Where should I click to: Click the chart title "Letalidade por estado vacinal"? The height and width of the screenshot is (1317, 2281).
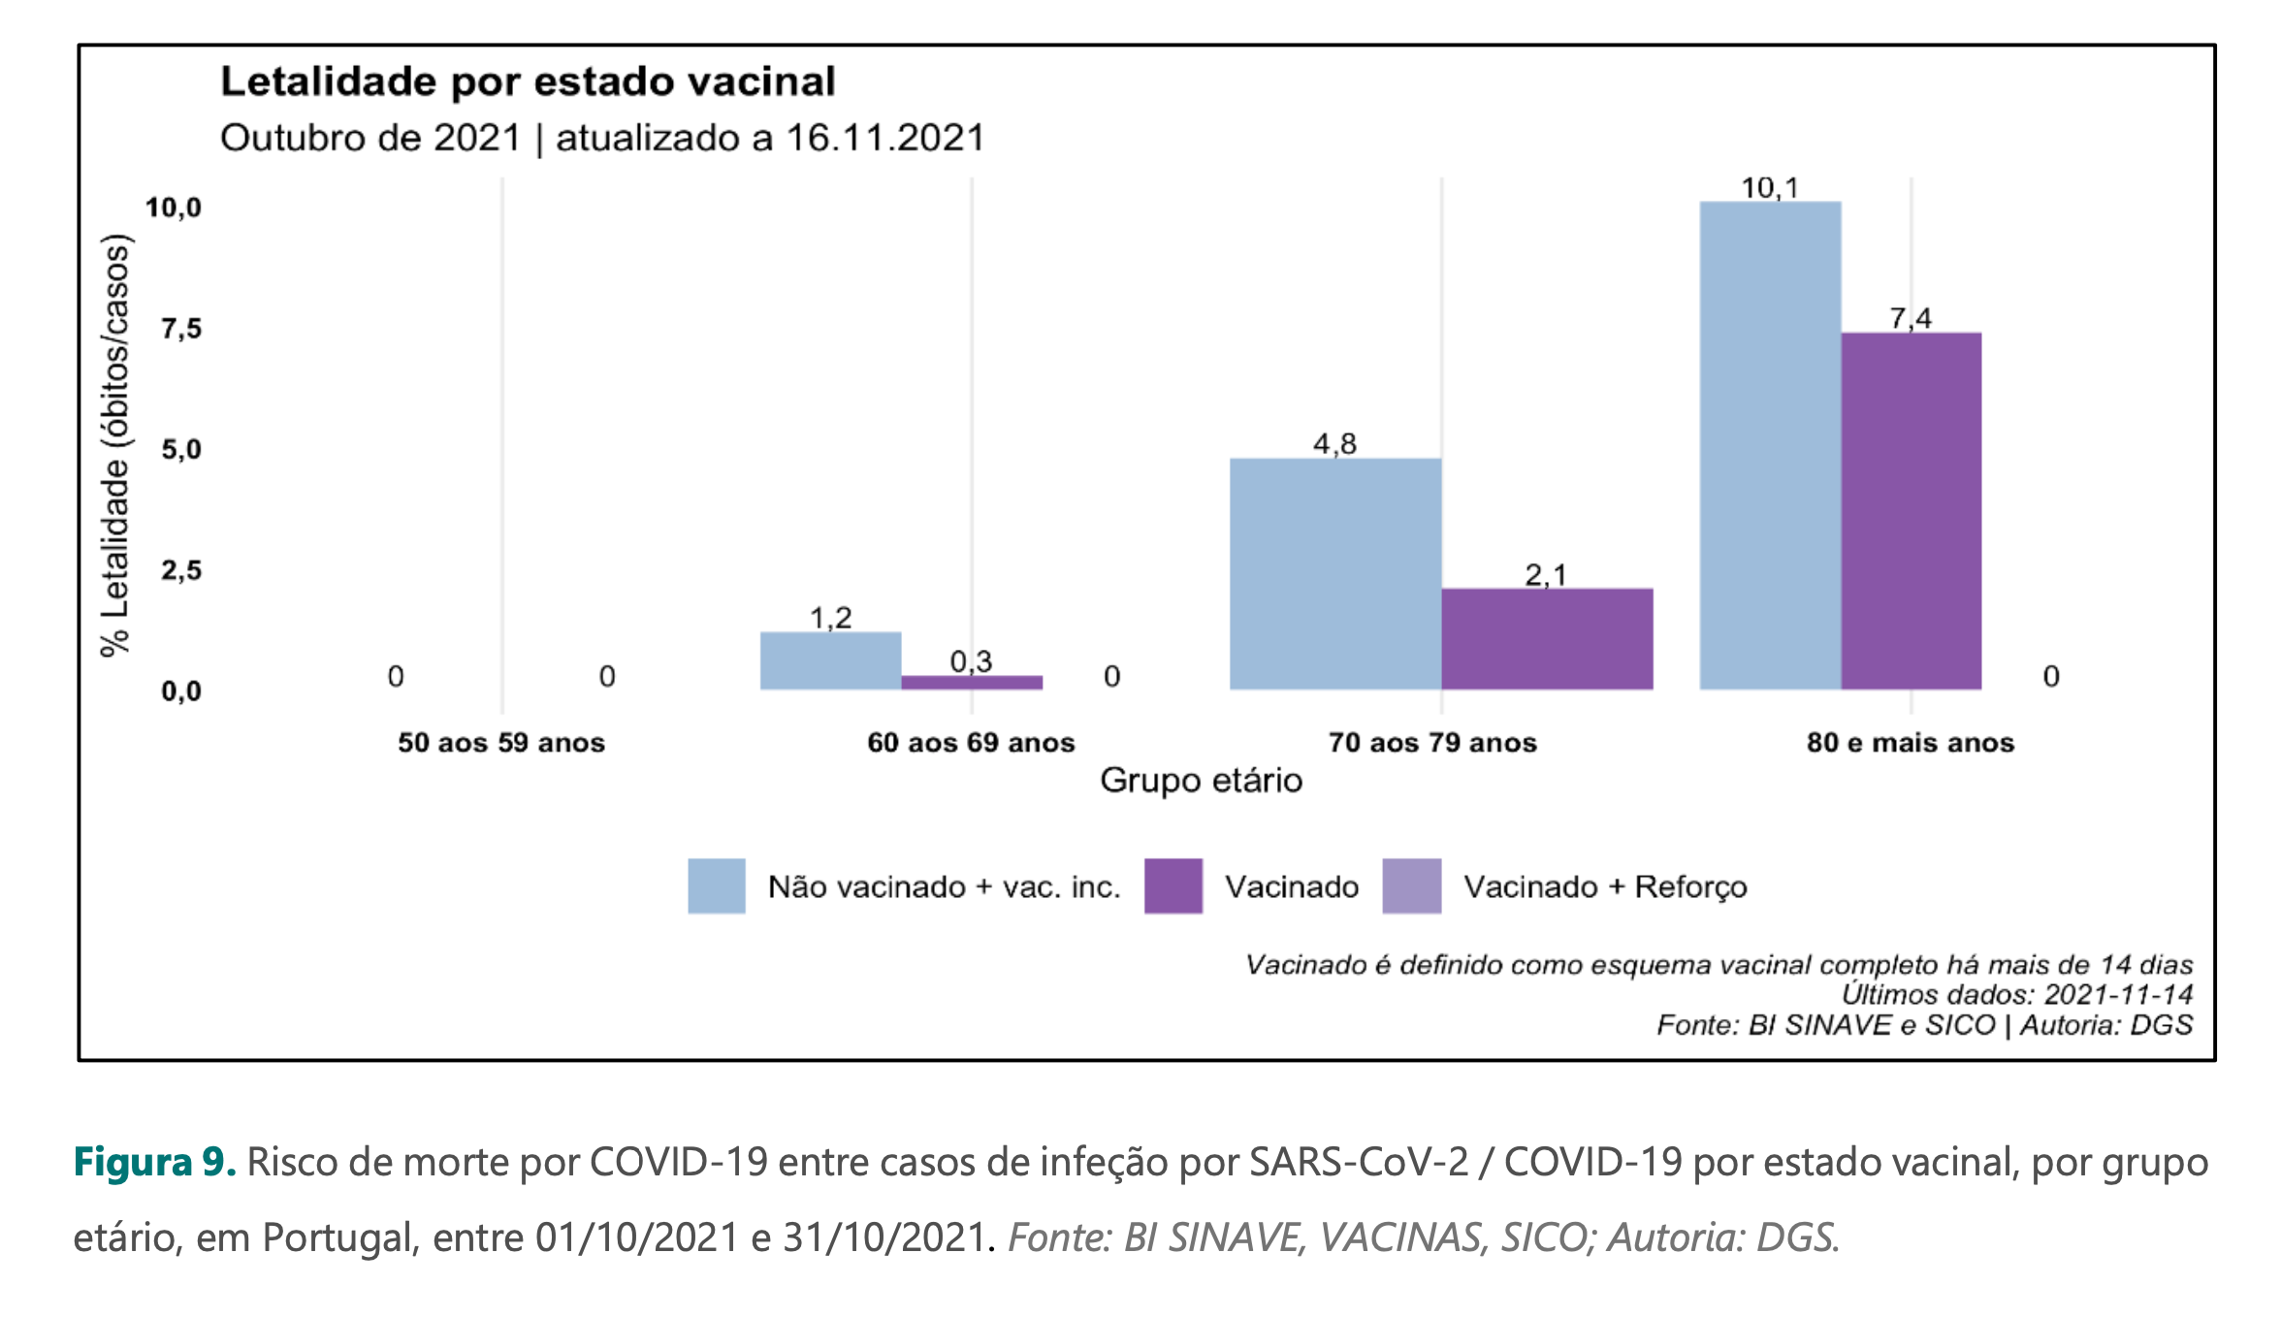coord(528,81)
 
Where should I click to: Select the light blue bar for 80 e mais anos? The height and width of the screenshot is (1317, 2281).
coord(1770,446)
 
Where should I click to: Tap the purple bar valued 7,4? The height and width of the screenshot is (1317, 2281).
coord(1911,511)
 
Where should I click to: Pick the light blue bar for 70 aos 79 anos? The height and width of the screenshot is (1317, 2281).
coord(1335,574)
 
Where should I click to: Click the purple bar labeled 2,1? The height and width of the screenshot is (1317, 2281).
coord(1547,639)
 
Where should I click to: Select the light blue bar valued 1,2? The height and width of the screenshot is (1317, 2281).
coord(830,661)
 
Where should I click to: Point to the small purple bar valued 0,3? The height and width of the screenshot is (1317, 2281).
coord(972,683)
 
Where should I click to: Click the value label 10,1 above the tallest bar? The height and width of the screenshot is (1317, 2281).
coord(1770,187)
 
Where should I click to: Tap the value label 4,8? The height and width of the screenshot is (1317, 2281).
coord(1334,444)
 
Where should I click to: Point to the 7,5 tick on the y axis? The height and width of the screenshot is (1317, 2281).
coord(181,329)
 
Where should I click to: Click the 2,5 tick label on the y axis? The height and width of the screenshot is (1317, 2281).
coord(181,570)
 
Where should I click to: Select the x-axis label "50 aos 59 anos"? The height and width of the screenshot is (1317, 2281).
coord(501,743)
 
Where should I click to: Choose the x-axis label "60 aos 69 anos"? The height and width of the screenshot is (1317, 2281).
coord(971,743)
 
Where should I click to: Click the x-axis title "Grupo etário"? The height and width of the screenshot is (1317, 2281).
coord(1201,781)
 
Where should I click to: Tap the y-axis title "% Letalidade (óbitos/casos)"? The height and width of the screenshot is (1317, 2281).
coord(115,446)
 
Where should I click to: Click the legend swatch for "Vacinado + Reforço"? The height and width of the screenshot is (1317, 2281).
coord(1411,886)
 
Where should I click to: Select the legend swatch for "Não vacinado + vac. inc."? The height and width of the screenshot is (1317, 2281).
coord(717,886)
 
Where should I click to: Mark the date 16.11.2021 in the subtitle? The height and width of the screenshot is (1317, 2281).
coord(885,138)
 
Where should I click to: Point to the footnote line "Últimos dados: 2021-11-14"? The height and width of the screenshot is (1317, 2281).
coord(2016,994)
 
